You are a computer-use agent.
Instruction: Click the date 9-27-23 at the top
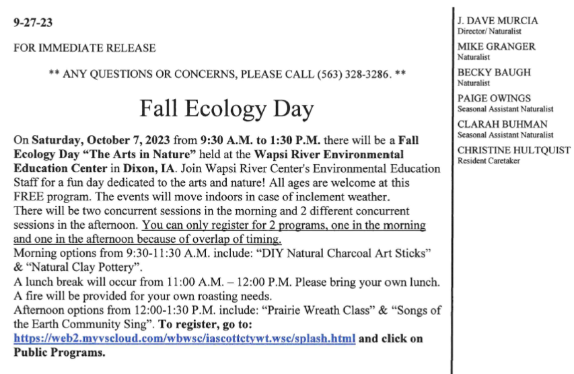[x=33, y=22]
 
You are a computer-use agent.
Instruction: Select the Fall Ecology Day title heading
[x=227, y=108]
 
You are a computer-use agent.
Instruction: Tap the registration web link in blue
[x=184, y=339]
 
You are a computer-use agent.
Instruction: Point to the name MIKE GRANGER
[x=497, y=47]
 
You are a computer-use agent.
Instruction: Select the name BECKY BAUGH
[x=494, y=73]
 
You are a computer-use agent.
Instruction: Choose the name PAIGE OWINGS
[x=494, y=98]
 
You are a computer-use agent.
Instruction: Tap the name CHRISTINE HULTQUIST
[x=513, y=150]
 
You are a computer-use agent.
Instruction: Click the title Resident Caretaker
[x=489, y=161]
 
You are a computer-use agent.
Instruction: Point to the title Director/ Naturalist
[x=489, y=32]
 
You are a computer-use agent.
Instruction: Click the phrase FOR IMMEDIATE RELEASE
[x=85, y=48]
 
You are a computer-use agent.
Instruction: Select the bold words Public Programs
[x=60, y=352]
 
